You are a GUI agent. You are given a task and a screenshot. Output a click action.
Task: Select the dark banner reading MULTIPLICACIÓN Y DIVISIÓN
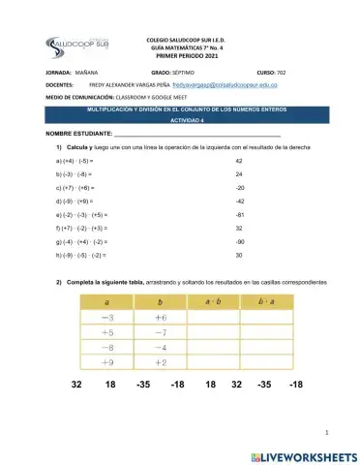[181, 110]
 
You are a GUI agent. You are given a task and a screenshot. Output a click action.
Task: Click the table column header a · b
[215, 302]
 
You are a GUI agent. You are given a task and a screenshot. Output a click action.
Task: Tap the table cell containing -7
[161, 331]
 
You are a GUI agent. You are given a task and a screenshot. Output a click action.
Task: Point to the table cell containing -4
[161, 347]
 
